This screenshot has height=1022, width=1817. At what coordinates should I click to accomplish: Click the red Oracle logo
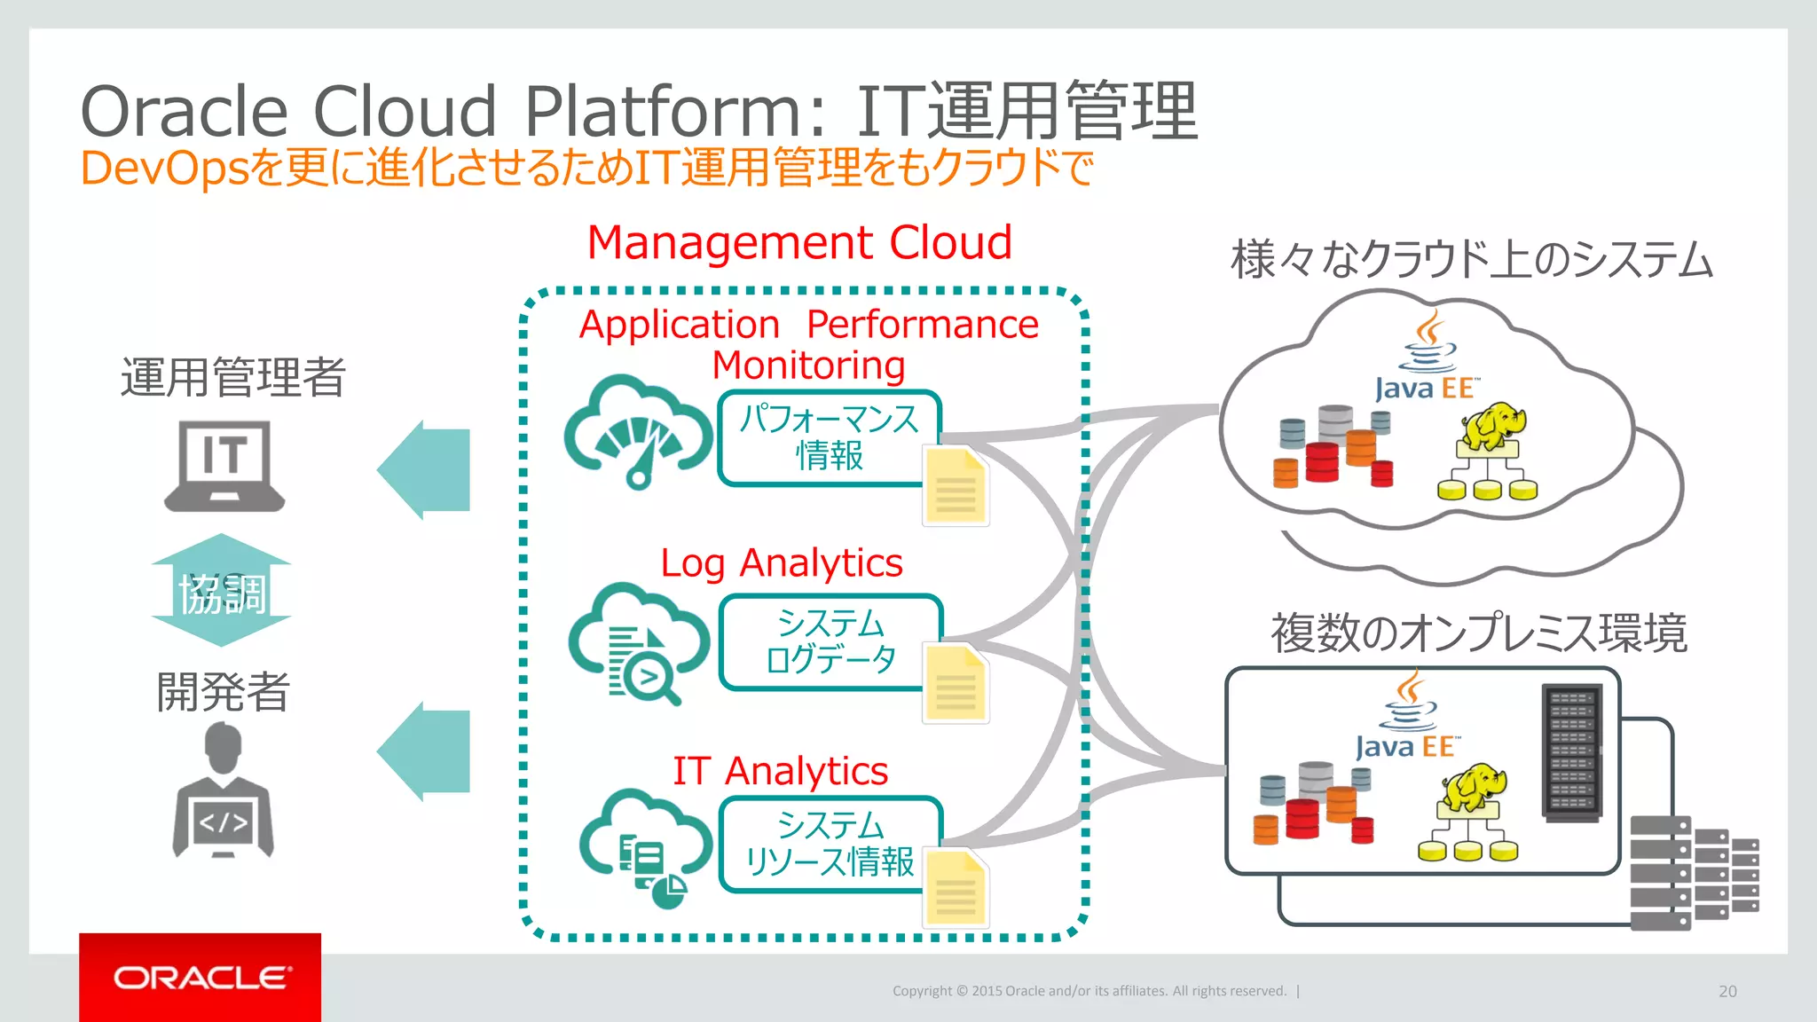pos(200,977)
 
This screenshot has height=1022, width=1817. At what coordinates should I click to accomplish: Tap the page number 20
pos(1727,991)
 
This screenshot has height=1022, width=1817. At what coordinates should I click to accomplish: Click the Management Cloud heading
pos(799,242)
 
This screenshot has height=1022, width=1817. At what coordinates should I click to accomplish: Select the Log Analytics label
pos(781,563)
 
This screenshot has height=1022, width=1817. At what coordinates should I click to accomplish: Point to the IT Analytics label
pos(780,771)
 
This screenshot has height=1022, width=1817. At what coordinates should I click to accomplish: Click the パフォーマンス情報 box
pos(828,437)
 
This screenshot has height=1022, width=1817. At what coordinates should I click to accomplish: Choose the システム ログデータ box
pos(830,641)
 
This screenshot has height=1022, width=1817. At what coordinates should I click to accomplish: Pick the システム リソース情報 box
pos(830,844)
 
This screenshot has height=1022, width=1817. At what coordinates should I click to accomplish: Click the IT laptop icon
pos(224,466)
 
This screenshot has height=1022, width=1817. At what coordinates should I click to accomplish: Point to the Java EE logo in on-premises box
pos(1406,719)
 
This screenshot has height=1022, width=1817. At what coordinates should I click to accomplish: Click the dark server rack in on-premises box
pos(1572,752)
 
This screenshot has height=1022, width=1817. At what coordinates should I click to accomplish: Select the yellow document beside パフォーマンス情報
pos(956,487)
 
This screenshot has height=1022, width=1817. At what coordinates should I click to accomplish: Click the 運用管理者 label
pos(232,377)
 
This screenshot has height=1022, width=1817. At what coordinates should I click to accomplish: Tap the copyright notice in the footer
pos(1089,991)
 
